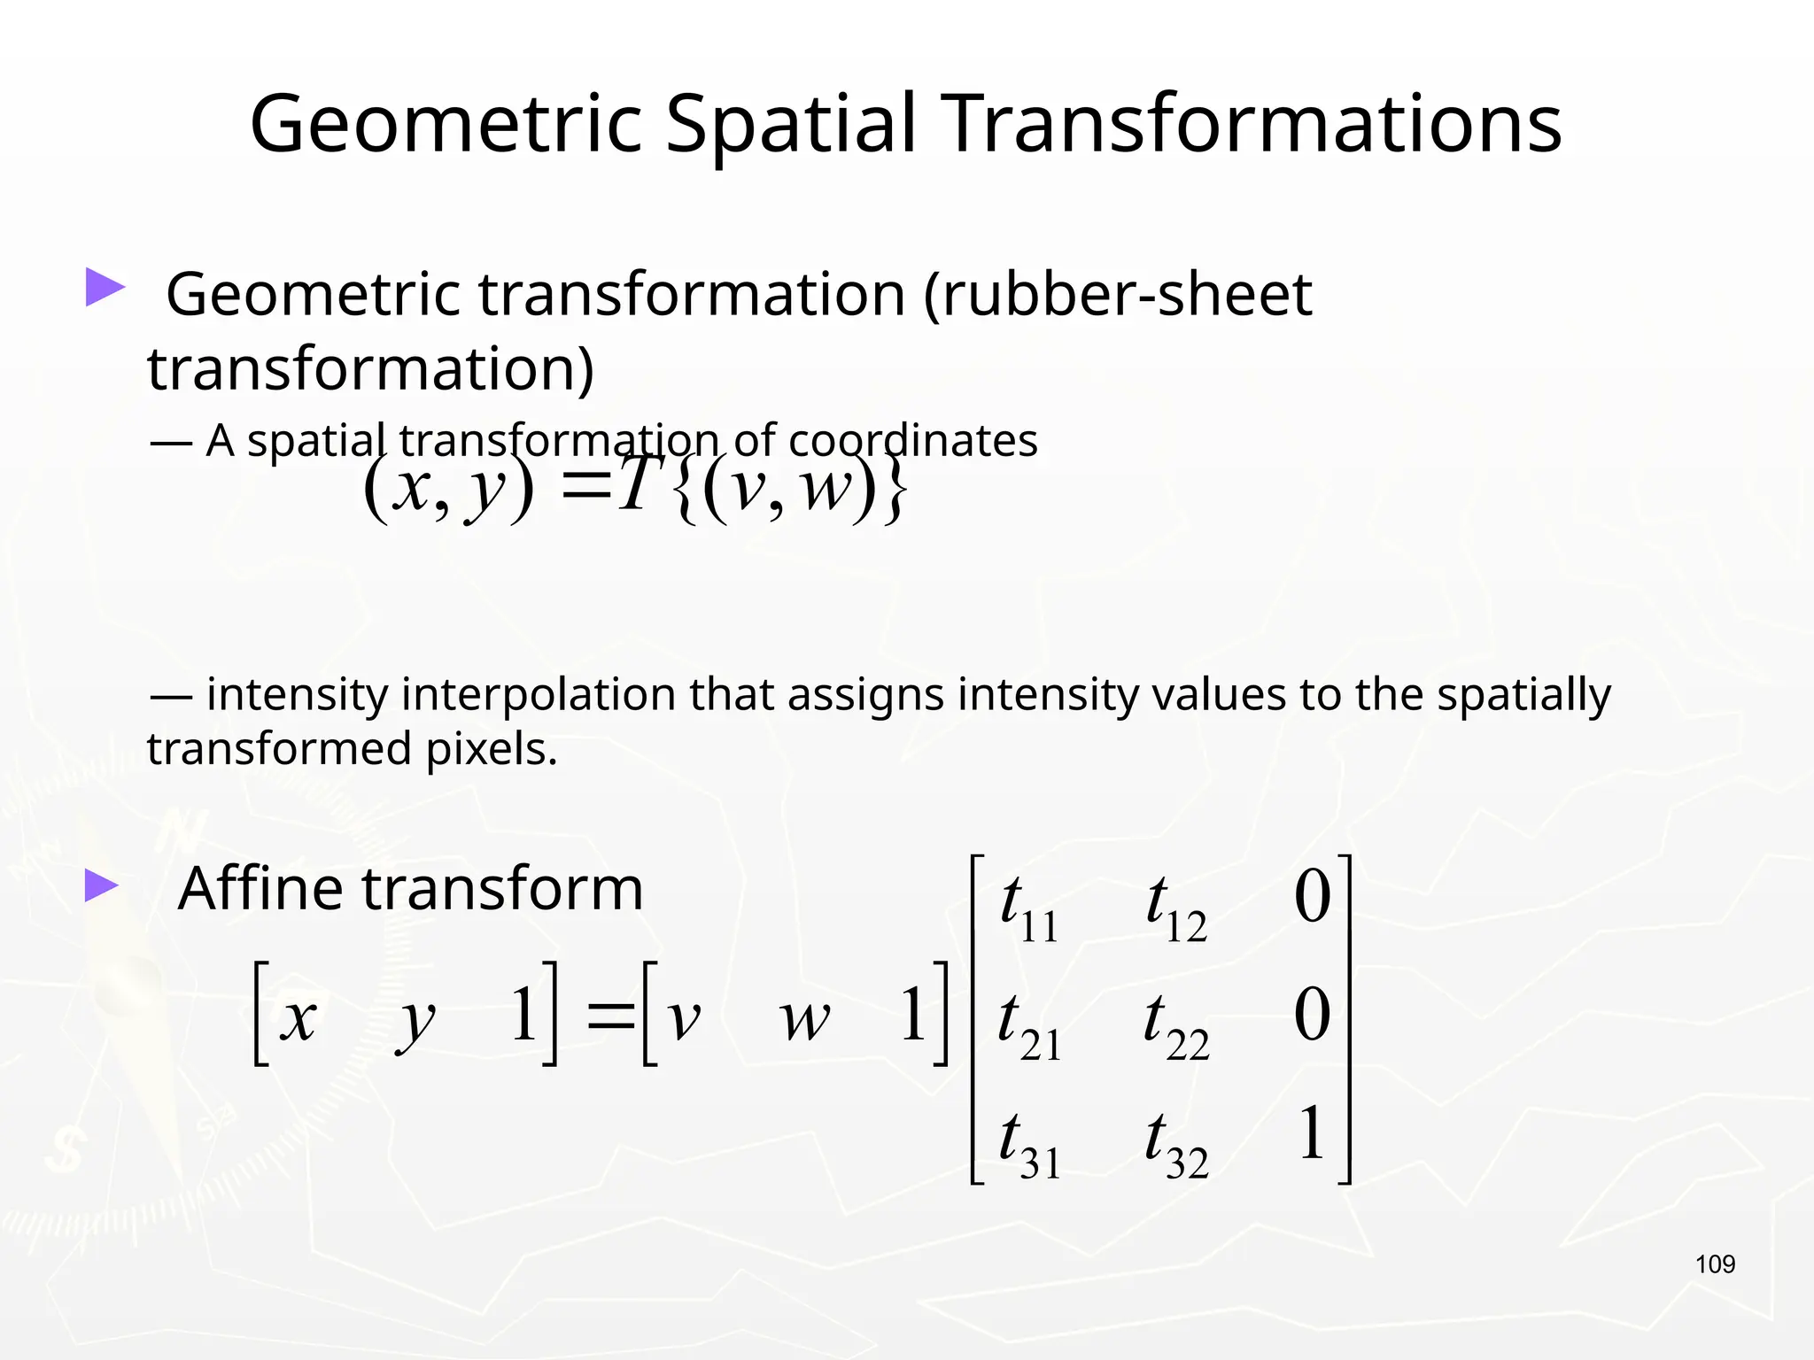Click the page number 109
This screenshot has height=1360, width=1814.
click(x=1715, y=1264)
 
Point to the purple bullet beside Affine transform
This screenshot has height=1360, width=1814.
click(x=102, y=885)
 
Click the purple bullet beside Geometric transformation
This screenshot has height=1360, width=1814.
click(x=105, y=288)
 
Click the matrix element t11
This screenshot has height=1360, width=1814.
click(x=1027, y=908)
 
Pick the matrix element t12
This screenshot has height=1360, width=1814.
click(x=1174, y=908)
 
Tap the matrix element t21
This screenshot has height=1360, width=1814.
click(x=1027, y=1025)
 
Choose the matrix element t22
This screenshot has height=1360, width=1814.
click(x=1174, y=1025)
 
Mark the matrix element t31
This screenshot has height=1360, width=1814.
click(x=1027, y=1144)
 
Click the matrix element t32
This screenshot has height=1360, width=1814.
click(x=1174, y=1144)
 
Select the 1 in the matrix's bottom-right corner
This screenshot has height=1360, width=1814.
click(x=1312, y=1133)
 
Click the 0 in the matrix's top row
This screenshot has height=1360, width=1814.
click(x=1312, y=896)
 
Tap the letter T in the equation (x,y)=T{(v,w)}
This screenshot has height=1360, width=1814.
click(x=636, y=485)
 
